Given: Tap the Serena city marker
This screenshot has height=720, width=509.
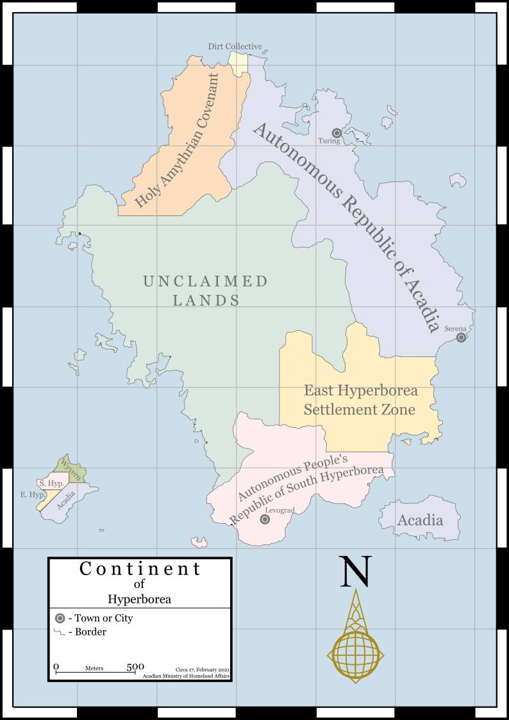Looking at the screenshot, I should click(461, 338).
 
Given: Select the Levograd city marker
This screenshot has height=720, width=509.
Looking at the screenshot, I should click(265, 519).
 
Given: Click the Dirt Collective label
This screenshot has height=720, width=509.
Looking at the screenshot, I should click(235, 46).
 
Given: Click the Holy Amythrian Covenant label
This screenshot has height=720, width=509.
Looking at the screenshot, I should click(178, 140).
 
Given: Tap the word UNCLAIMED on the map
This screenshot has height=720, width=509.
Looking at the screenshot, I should click(205, 281).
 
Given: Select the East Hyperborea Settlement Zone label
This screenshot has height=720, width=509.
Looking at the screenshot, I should click(360, 399).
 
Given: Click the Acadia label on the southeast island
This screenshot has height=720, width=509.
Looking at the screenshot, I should click(420, 520).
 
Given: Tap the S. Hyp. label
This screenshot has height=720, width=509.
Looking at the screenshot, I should click(51, 483).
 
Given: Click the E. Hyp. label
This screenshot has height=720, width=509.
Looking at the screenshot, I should click(32, 495).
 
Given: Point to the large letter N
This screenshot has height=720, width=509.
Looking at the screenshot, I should click(355, 571).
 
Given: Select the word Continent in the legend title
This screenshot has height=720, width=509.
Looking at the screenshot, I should click(140, 569).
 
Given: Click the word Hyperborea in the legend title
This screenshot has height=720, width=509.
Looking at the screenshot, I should click(139, 599).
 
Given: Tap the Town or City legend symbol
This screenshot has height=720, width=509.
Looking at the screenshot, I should click(60, 619).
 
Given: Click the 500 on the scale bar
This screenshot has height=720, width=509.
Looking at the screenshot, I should click(135, 667).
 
